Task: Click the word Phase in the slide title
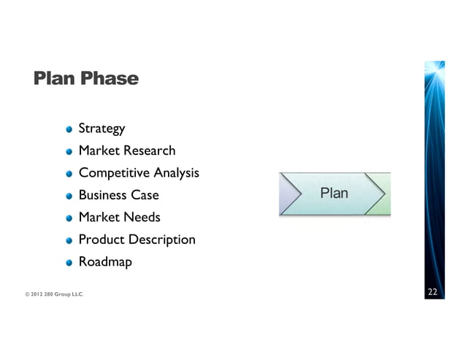(x=109, y=78)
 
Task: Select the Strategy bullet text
(x=102, y=129)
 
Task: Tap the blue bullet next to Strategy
(x=69, y=129)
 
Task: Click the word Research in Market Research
(x=149, y=151)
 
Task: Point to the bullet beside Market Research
(x=69, y=152)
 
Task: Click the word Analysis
(x=176, y=173)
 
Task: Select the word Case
(x=145, y=195)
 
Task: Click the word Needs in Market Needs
(x=141, y=217)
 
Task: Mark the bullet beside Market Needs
(x=69, y=218)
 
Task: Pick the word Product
(x=102, y=240)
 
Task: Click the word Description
(x=161, y=240)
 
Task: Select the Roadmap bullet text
(x=105, y=261)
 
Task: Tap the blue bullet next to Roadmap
(x=69, y=262)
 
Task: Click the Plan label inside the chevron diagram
(x=334, y=194)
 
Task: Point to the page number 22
(x=432, y=293)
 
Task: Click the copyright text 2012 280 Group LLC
(x=54, y=294)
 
